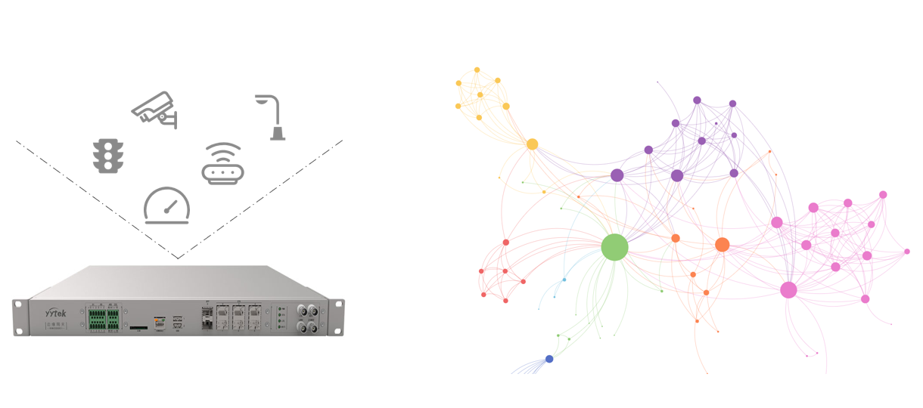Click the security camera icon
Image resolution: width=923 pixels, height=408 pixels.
coord(154,109)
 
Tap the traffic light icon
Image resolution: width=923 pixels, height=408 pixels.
coord(107,156)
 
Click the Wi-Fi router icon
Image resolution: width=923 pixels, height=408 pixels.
coord(222,164)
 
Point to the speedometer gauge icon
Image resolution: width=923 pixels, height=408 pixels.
coord(166,206)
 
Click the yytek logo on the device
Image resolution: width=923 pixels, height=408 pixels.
coord(57,311)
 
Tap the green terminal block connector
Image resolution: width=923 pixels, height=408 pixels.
coord(103,317)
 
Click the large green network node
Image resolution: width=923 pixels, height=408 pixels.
coord(614,247)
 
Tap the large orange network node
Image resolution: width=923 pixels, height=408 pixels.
coord(722,245)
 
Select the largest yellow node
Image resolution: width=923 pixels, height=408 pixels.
coord(532,144)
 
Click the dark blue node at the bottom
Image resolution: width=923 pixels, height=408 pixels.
coord(549,359)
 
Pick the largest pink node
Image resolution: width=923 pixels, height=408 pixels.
coord(788,289)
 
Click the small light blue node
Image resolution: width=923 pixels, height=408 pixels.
coord(564,280)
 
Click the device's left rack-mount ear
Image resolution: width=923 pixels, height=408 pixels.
coord(18,317)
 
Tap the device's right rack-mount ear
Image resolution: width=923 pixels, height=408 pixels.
coord(337,317)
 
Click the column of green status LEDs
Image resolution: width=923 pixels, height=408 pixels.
coord(280,317)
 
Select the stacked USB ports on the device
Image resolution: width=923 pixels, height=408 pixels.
coord(178,323)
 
